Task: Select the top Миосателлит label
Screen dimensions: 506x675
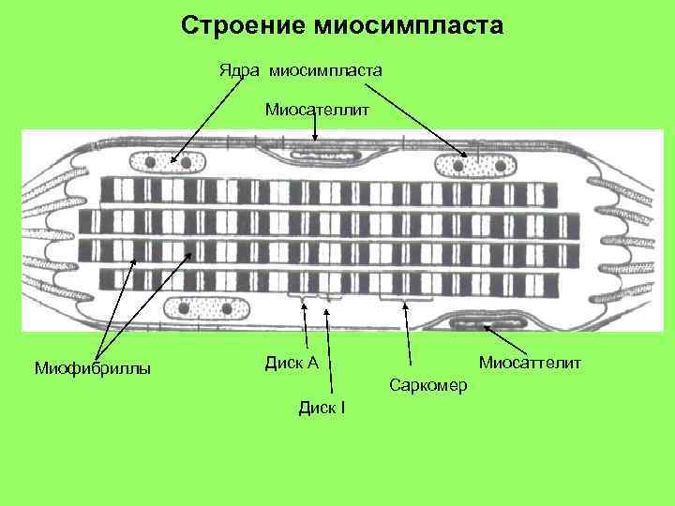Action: (x=317, y=110)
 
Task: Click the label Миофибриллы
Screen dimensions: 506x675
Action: (x=92, y=367)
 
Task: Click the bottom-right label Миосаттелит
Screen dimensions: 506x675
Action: (x=530, y=362)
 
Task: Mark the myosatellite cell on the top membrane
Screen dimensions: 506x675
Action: (x=316, y=145)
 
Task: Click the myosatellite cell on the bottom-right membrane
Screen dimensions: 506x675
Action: (x=489, y=325)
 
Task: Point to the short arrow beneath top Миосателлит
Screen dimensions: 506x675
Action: (x=316, y=130)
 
